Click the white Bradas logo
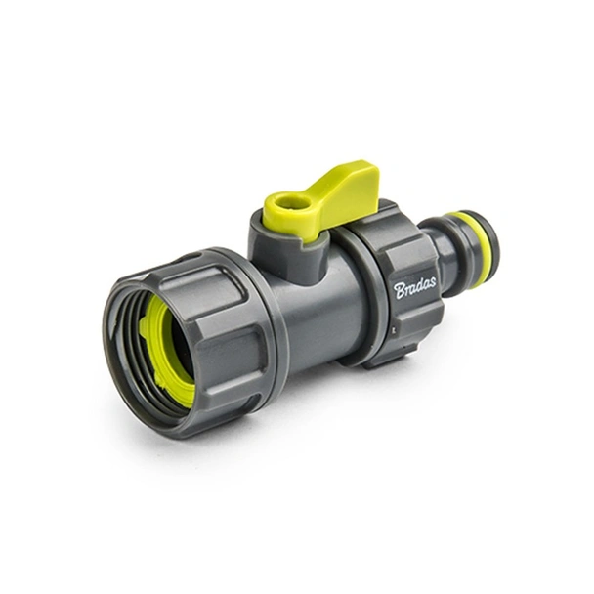(415, 287)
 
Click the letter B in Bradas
(400, 291)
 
